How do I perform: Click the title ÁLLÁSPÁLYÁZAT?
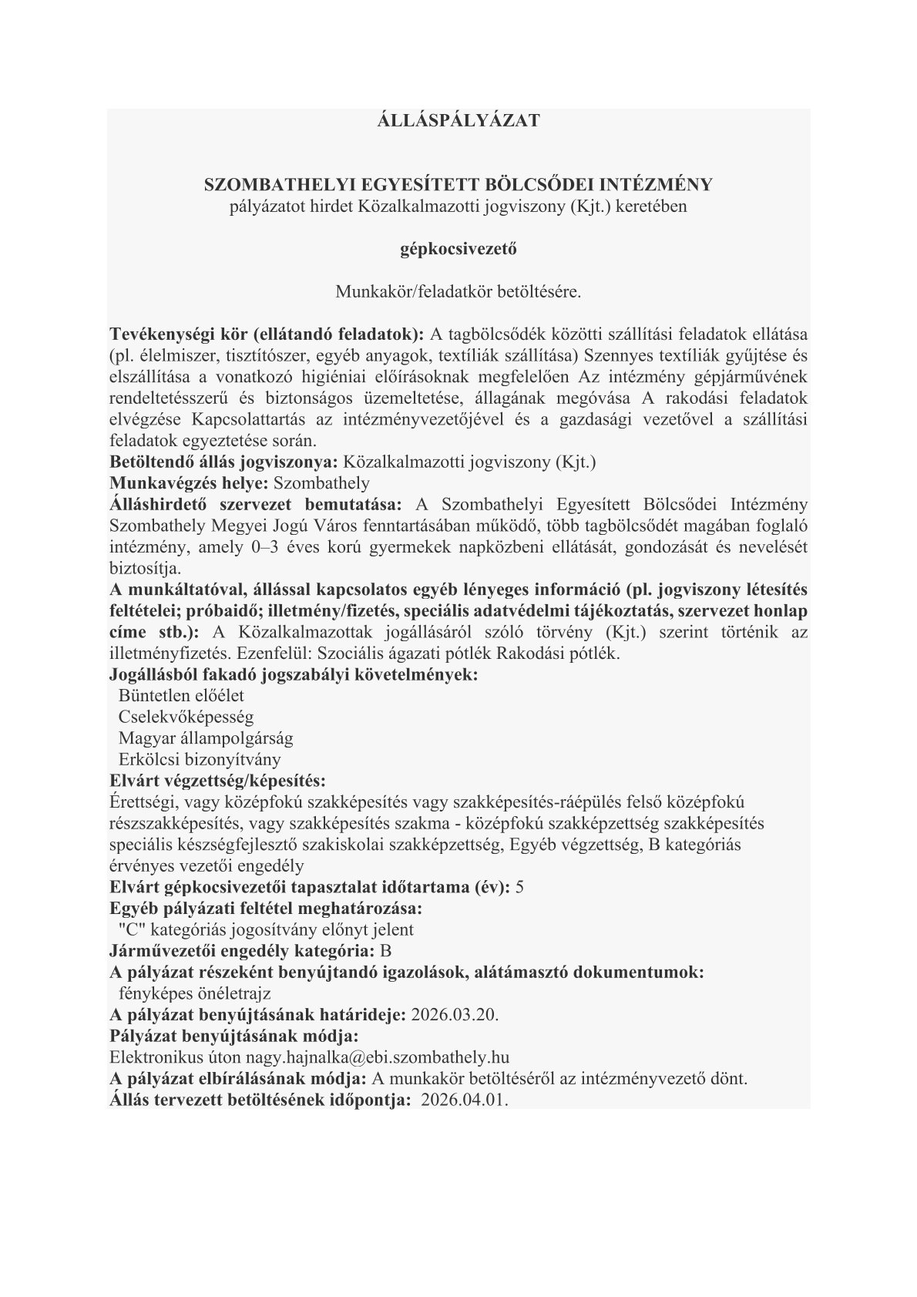[x=458, y=121]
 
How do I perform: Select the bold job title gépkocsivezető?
[x=458, y=249]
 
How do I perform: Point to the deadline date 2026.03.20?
[x=455, y=1013]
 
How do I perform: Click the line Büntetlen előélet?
[x=181, y=695]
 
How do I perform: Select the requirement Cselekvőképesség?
[x=186, y=717]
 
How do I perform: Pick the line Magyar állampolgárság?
[x=206, y=738]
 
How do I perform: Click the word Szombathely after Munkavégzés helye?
[x=321, y=483]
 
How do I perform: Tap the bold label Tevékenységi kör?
[x=175, y=334]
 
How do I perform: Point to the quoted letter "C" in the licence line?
[x=127, y=929]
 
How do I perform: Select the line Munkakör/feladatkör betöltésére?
[x=458, y=292]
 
